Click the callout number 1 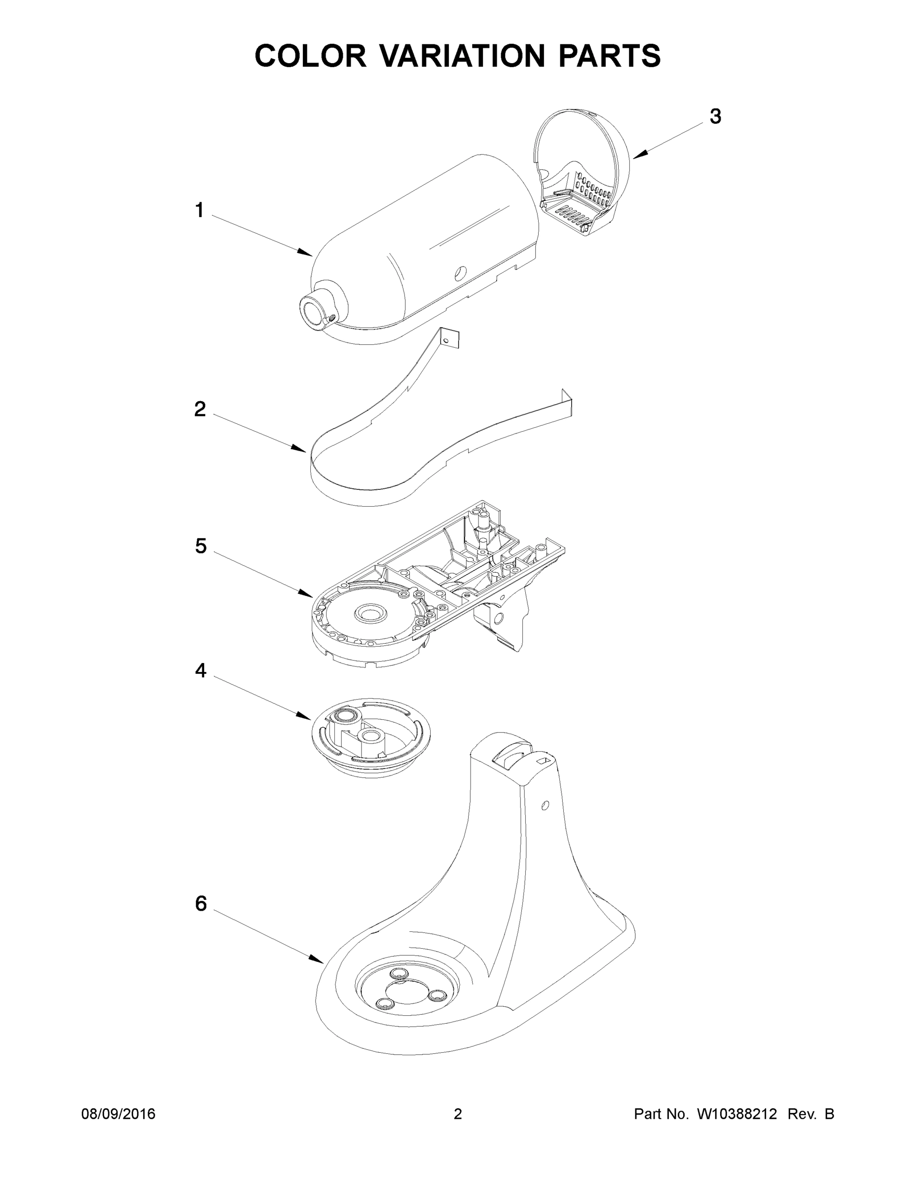[x=199, y=210]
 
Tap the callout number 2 [x=200, y=409]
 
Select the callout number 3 [x=716, y=116]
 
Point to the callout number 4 [x=201, y=670]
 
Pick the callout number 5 [x=201, y=546]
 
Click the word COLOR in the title [x=311, y=55]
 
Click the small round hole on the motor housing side [x=460, y=273]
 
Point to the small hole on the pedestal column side [x=546, y=806]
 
